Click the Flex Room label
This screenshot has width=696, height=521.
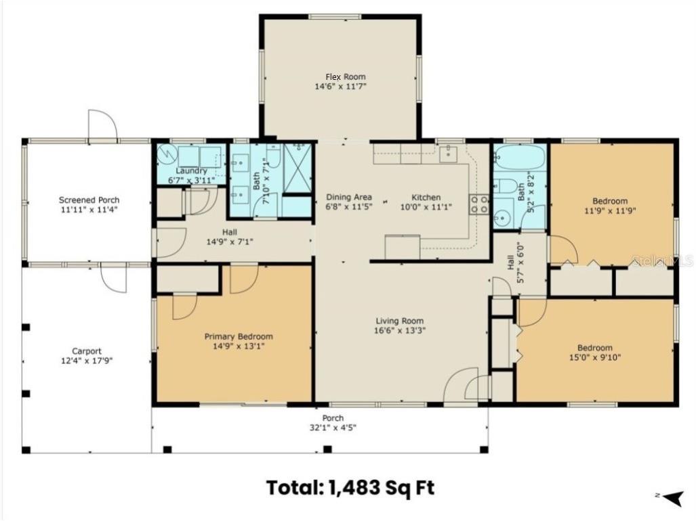tap(340, 76)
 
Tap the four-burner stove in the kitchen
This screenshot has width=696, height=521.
tap(480, 204)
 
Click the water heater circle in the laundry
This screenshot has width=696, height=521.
tap(167, 156)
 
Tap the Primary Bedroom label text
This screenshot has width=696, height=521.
tap(239, 336)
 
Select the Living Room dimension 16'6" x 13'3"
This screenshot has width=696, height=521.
tap(401, 331)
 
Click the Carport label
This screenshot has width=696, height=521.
tap(87, 351)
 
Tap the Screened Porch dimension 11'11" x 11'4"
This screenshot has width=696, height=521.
tap(89, 210)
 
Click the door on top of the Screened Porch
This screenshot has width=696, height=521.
tap(102, 125)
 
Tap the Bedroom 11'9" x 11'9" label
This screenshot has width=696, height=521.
tap(610, 201)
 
